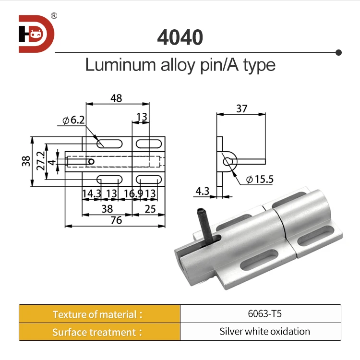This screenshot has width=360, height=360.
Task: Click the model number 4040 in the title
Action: (x=180, y=37)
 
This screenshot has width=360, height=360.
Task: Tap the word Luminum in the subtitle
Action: (x=117, y=65)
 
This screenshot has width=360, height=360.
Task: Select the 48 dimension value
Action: (x=116, y=98)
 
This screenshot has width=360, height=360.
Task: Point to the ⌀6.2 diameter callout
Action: (x=73, y=120)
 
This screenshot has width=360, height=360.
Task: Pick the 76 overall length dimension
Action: (x=116, y=220)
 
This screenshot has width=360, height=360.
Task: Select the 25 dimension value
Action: (x=150, y=209)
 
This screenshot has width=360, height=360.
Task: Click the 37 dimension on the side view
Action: (x=241, y=109)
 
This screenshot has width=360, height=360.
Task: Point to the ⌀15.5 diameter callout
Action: (x=259, y=180)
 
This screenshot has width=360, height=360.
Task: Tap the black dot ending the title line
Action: (x=338, y=52)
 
